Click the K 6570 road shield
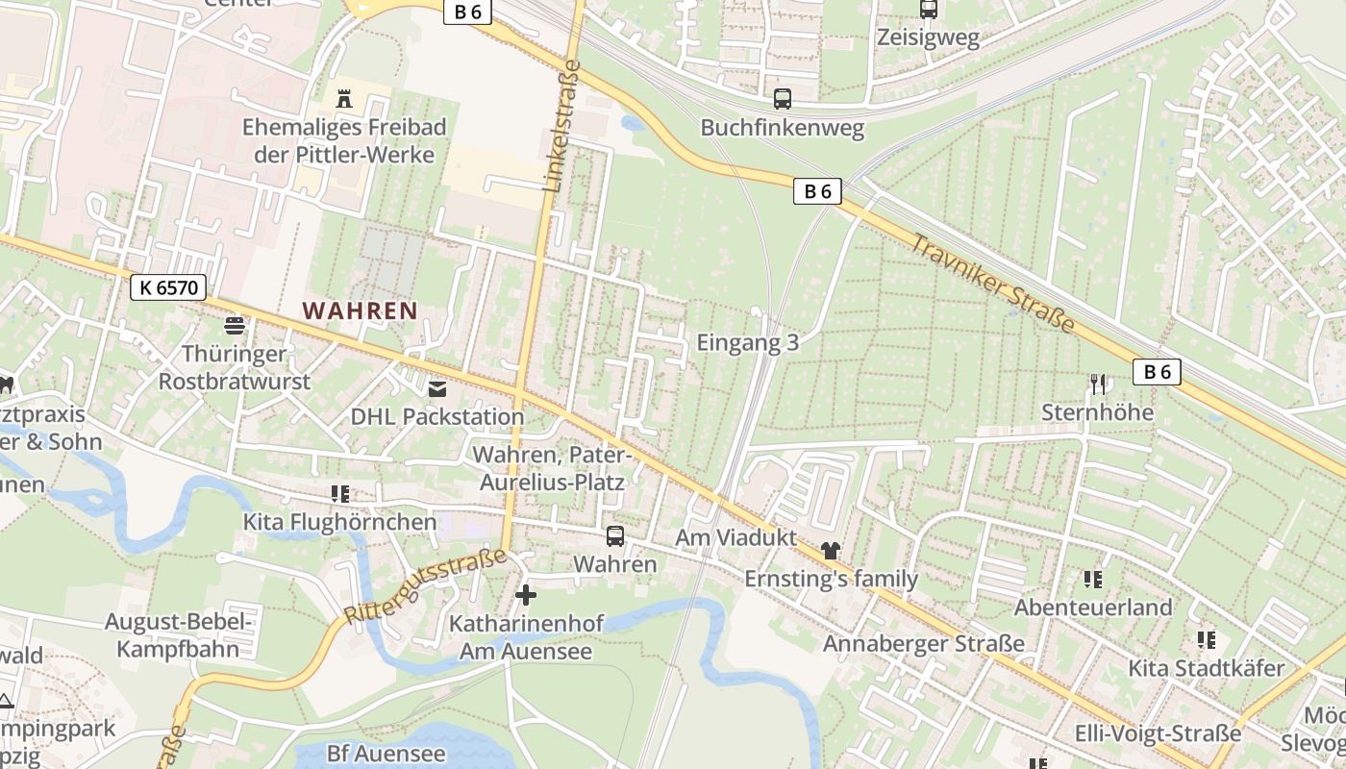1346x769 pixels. [x=168, y=286]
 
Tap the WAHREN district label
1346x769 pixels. [x=361, y=310]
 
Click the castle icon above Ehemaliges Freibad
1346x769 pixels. [x=344, y=98]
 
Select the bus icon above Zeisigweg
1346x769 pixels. [x=928, y=10]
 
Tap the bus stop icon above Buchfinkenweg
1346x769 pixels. [x=783, y=98]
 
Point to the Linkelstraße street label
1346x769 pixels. [x=563, y=126]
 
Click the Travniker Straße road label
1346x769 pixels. [x=992, y=284]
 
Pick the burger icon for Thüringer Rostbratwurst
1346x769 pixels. [x=235, y=325]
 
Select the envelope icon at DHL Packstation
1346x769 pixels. [x=437, y=389]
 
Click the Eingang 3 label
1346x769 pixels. [x=748, y=342]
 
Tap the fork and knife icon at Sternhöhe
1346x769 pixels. [x=1098, y=384]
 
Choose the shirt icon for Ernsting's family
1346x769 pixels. [x=831, y=551]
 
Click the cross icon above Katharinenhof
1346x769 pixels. [x=525, y=595]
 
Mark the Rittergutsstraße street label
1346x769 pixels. [x=424, y=586]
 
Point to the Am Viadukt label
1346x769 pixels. [x=736, y=537]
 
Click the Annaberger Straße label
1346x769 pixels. [x=924, y=643]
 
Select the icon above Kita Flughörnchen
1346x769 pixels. [x=339, y=494]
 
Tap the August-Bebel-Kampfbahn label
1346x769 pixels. [x=179, y=634]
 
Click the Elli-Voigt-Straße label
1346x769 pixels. [x=1159, y=733]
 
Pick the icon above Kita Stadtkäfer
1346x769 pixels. [x=1207, y=639]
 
